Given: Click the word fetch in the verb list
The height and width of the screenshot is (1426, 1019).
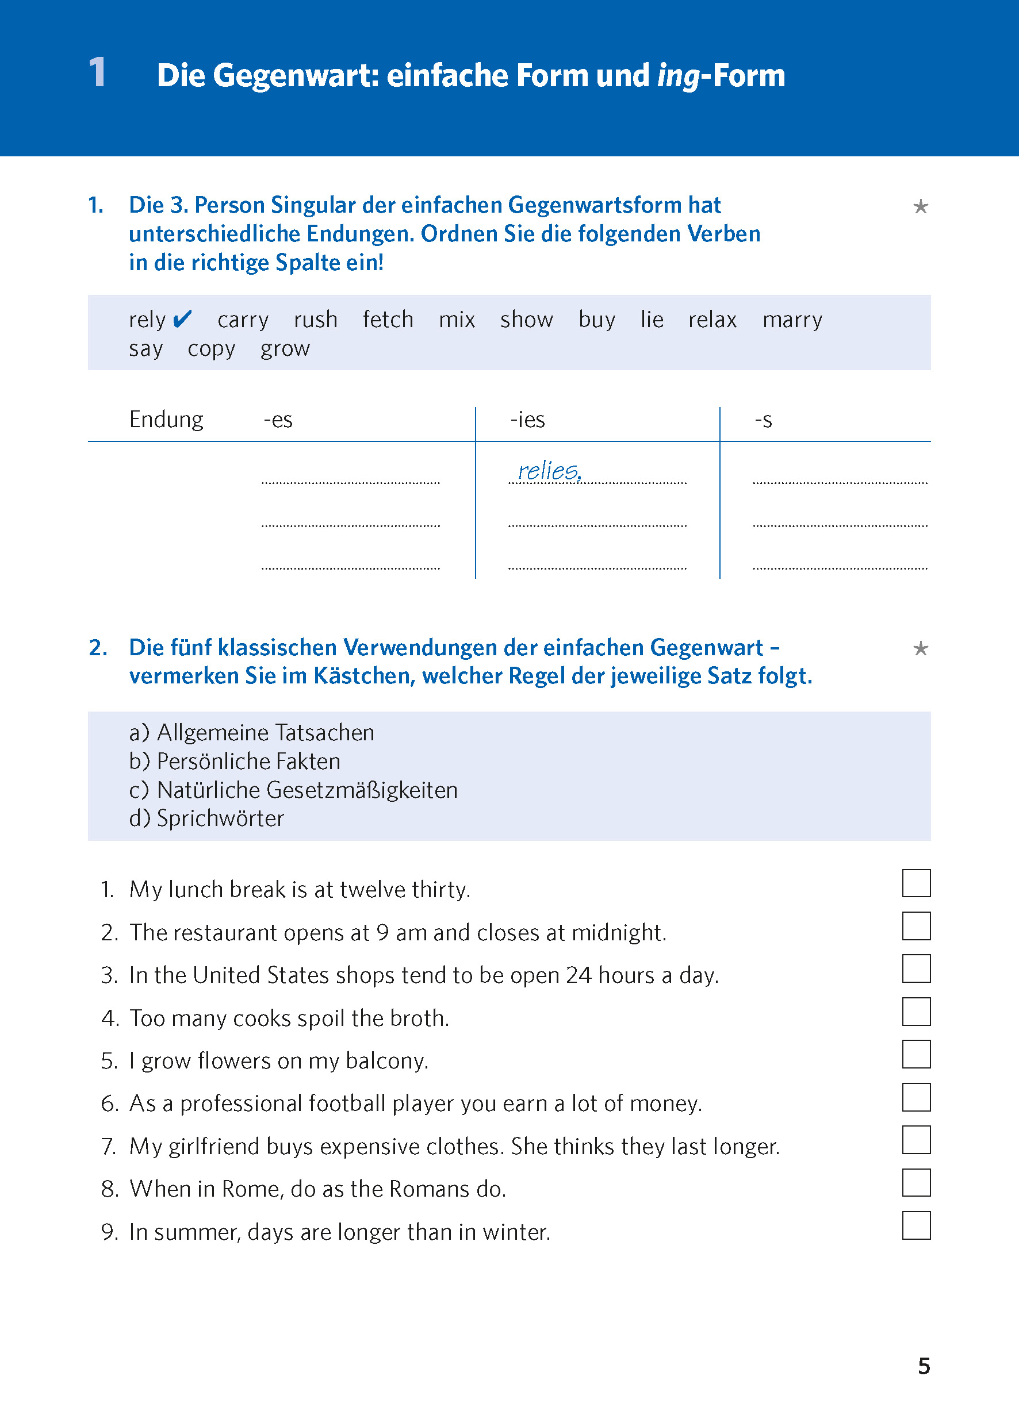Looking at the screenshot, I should pyautogui.click(x=388, y=319).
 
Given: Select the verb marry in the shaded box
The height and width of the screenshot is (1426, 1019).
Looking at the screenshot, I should pyautogui.click(x=792, y=319).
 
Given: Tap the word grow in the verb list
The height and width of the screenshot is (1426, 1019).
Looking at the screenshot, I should pyautogui.click(x=285, y=348).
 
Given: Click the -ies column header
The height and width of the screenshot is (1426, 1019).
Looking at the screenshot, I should pyautogui.click(x=527, y=420).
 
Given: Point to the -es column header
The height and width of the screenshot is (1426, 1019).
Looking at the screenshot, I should pyautogui.click(x=278, y=420).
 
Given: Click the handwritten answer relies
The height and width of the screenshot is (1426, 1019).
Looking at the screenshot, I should pyautogui.click(x=549, y=470).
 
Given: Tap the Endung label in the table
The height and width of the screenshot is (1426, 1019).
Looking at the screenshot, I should pyautogui.click(x=166, y=420).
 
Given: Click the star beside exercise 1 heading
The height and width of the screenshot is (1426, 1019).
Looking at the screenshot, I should pyautogui.click(x=920, y=206).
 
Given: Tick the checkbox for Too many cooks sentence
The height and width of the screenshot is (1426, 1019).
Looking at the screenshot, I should pyautogui.click(x=915, y=1011).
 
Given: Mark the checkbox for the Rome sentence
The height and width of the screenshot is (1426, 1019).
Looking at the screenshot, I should pyautogui.click(x=915, y=1182).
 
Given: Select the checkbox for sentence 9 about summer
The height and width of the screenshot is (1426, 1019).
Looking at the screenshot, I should pyautogui.click(x=915, y=1225).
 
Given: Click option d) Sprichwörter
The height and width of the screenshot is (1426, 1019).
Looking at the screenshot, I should pyautogui.click(x=206, y=818).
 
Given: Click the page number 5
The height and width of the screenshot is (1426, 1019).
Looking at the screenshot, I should pyautogui.click(x=923, y=1365).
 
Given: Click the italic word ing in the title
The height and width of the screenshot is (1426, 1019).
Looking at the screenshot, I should pyautogui.click(x=677, y=76).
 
